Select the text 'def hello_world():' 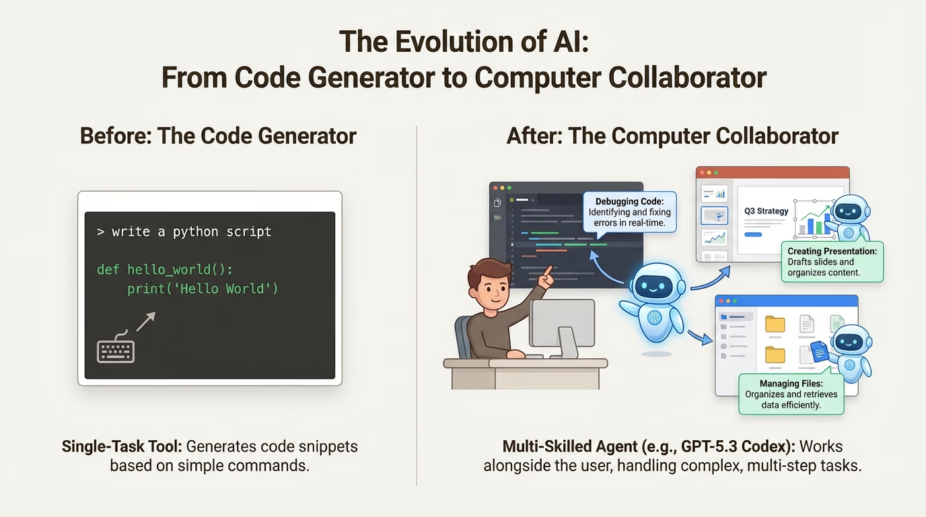(x=165, y=270)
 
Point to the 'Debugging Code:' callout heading (x=630, y=201)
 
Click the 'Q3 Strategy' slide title (x=767, y=211)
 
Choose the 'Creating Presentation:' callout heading (x=832, y=251)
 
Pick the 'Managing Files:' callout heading (x=791, y=384)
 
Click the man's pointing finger (x=548, y=272)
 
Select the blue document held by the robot (x=820, y=351)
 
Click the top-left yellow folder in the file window (x=775, y=324)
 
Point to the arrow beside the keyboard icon (x=146, y=321)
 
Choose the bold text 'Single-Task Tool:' (x=122, y=447)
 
